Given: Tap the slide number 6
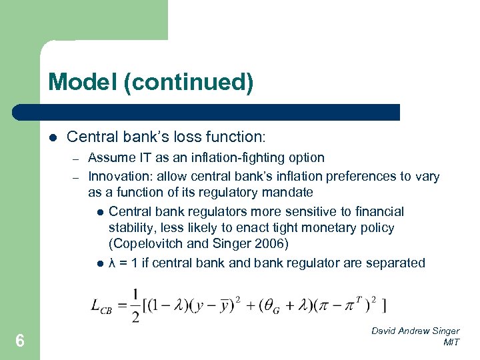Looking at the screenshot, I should (x=20, y=341).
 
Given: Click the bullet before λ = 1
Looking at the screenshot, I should (x=99, y=263).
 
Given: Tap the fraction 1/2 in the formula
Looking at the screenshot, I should (x=135, y=305).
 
